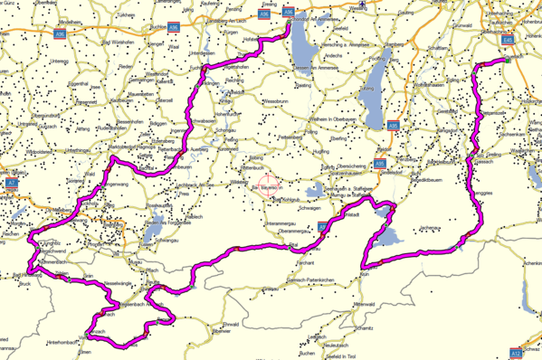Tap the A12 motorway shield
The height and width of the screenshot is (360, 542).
pyautogui.click(x=515, y=352)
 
